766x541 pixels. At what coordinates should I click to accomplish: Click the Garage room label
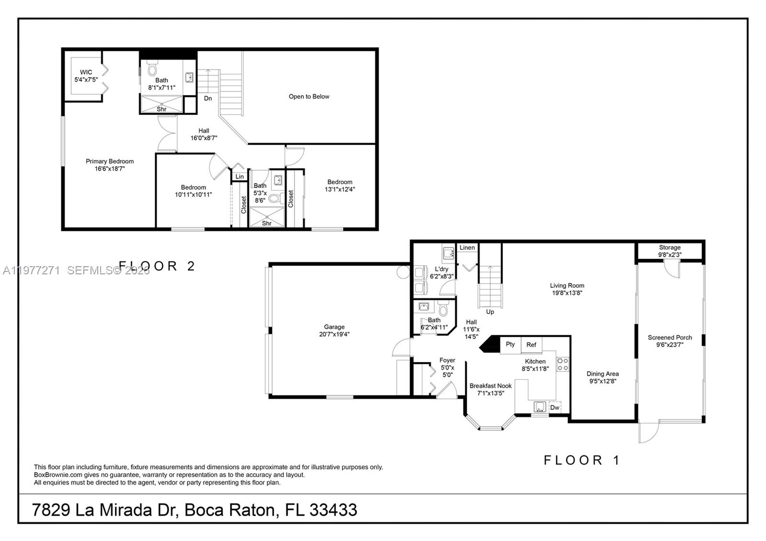tap(334, 330)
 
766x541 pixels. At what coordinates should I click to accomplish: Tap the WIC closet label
tap(86, 76)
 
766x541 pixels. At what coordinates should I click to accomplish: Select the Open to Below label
tap(309, 96)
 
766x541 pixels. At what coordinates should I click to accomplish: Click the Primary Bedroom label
tap(110, 165)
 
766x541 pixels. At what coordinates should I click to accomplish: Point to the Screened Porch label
tap(670, 341)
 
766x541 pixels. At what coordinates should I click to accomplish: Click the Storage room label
tap(669, 251)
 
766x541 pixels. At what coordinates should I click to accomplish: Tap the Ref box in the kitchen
tap(531, 345)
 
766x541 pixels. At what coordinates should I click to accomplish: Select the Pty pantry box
tap(510, 344)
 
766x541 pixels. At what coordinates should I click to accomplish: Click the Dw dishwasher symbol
tap(554, 407)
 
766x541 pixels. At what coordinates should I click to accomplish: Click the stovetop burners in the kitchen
tap(563, 364)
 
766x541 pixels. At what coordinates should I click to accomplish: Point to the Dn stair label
tap(208, 98)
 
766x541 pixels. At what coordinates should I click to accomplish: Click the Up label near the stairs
tap(490, 312)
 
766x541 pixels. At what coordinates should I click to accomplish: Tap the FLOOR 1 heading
tap(582, 460)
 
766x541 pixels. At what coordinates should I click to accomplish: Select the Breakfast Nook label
tap(490, 389)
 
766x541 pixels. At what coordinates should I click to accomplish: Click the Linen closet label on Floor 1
tap(467, 248)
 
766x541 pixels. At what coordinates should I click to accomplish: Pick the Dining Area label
tap(602, 377)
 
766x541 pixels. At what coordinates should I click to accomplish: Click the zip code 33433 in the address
tap(333, 509)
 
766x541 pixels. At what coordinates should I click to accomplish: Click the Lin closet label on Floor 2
tap(239, 177)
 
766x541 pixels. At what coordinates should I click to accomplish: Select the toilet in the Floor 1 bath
tap(443, 309)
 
